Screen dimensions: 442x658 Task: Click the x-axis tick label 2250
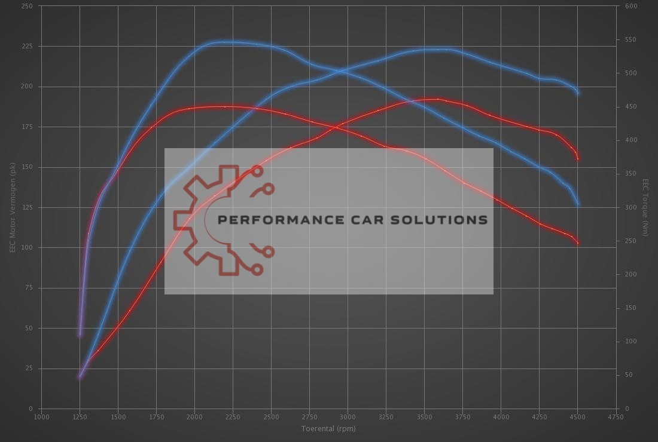(233, 417)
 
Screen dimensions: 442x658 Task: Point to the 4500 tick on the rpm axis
(577, 417)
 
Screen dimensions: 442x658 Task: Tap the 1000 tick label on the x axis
(41, 417)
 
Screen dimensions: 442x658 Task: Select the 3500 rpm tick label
(424, 417)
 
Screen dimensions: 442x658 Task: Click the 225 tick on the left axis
(26, 47)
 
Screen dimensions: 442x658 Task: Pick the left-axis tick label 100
(26, 248)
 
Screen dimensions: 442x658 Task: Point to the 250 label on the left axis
(26, 6)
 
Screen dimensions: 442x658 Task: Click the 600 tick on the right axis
(631, 6)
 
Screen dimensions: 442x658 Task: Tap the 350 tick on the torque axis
(631, 174)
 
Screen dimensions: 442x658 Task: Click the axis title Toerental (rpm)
(328, 428)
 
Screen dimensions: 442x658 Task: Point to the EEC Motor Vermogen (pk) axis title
(12, 207)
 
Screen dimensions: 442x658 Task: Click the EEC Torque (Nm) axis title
(646, 207)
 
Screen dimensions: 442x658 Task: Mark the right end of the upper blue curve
(578, 93)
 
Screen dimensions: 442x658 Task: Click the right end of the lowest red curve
(578, 243)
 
